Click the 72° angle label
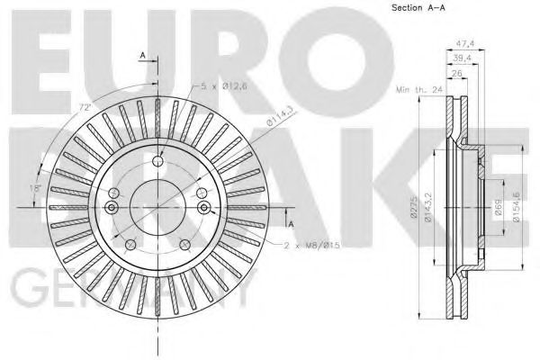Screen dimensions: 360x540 click(86, 108)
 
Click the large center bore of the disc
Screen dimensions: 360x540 click(157, 207)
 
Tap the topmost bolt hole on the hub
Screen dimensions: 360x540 click(157, 163)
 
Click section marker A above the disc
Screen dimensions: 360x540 click(142, 56)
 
